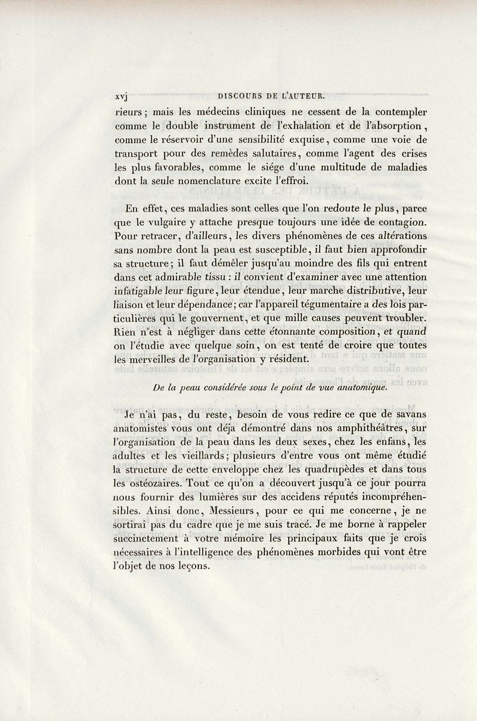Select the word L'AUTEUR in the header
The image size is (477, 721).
click(x=301, y=94)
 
